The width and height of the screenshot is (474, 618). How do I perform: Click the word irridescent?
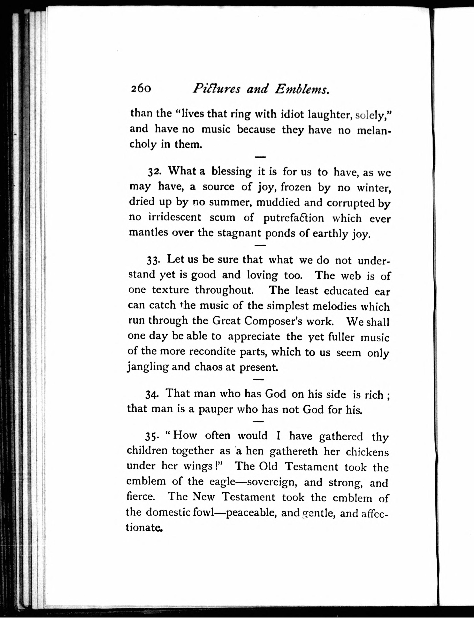[175, 217]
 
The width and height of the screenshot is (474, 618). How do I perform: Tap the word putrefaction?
[294, 218]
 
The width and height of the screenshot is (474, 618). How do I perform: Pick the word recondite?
[212, 351]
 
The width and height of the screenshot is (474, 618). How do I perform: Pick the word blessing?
[231, 172]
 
